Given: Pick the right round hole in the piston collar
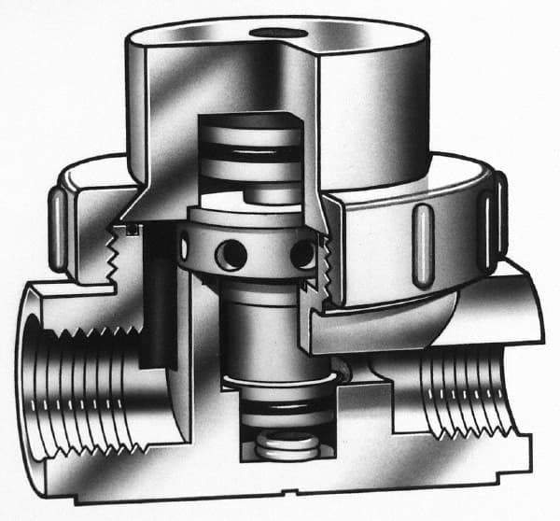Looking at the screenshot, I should (301, 253).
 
